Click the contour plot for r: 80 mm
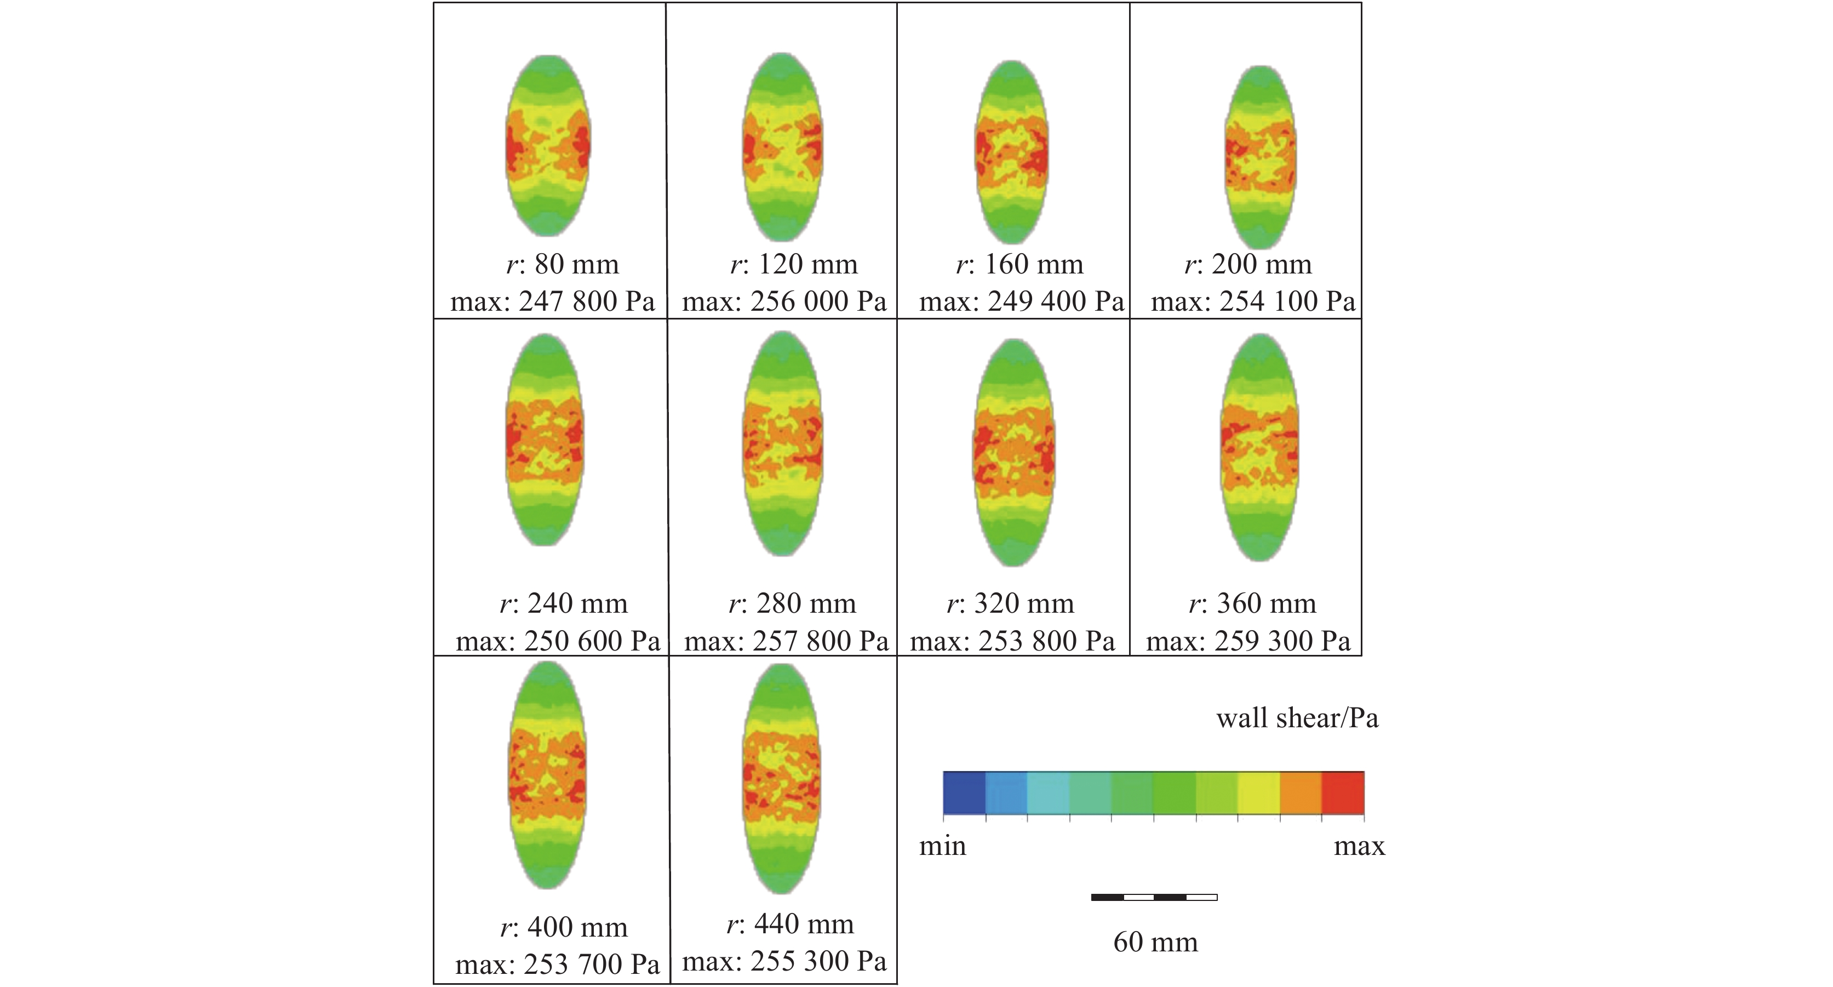[548, 146]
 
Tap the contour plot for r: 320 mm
[1014, 453]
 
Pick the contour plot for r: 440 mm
[782, 779]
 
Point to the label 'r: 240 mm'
[564, 603]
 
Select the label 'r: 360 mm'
[1252, 603]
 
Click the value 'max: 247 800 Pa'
[552, 302]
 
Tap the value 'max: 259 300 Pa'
[1248, 641]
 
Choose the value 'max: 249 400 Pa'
[1021, 302]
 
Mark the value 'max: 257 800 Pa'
[786, 641]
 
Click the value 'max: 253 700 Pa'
[557, 965]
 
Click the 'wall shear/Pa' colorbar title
[1297, 718]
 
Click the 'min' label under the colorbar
[943, 846]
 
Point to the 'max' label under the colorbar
[1359, 846]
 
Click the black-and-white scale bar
[1154, 897]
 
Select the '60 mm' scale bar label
[1155, 942]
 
